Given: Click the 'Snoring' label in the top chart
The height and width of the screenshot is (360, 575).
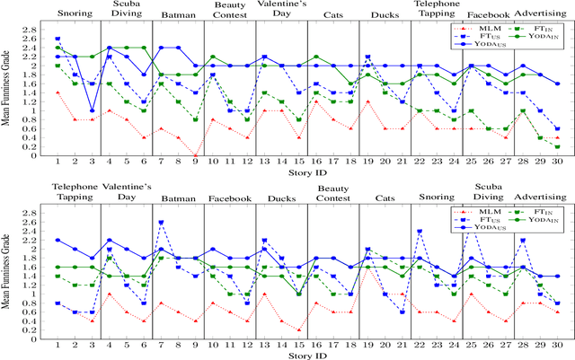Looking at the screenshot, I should pyautogui.click(x=75, y=13).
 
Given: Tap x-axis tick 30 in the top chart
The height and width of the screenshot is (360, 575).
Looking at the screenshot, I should pyautogui.click(x=557, y=162).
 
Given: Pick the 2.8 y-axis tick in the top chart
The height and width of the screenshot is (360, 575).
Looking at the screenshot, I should pyautogui.click(x=34, y=31).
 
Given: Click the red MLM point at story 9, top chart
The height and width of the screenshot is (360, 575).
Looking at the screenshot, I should pyautogui.click(x=195, y=155).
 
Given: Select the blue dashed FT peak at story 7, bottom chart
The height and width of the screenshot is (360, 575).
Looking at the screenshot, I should pyautogui.click(x=161, y=223).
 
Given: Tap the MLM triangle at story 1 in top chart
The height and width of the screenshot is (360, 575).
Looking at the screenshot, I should pyautogui.click(x=57, y=92).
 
